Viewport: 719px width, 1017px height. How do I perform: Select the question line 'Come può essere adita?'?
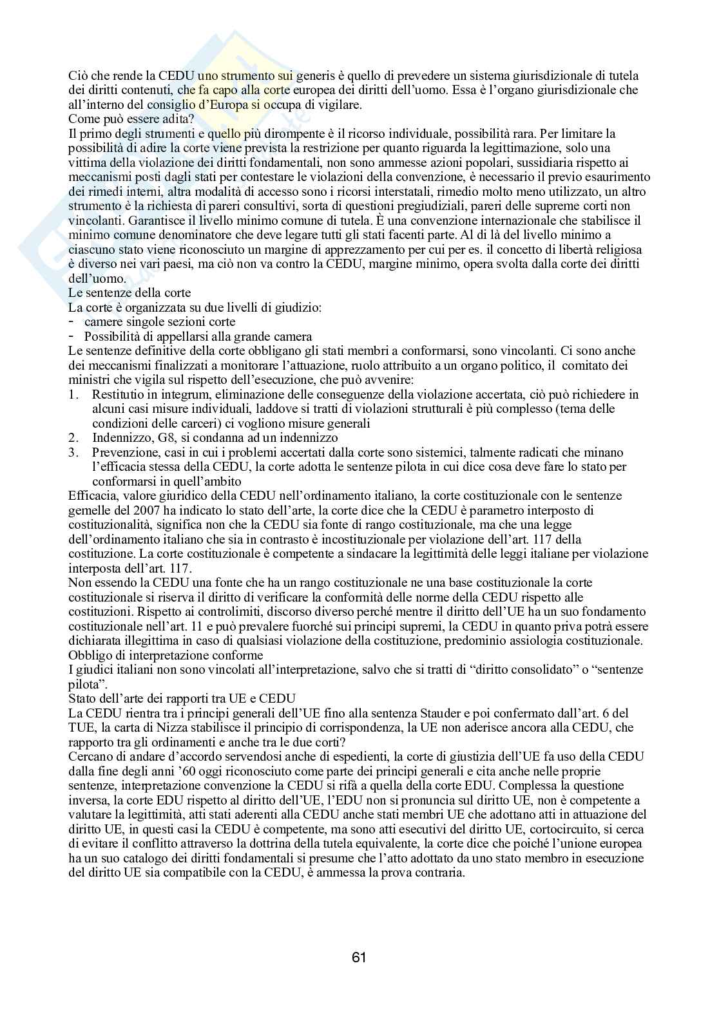coord(121,119)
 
